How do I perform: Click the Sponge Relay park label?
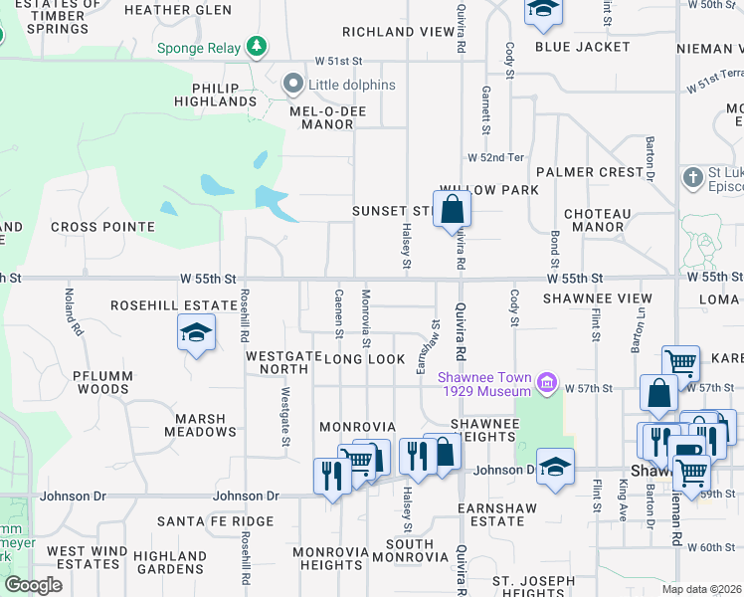(199, 47)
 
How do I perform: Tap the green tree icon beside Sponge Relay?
(258, 46)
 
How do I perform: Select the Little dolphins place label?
(351, 85)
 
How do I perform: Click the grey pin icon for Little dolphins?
(292, 85)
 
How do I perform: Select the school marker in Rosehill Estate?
(197, 333)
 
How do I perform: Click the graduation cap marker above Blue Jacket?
(543, 11)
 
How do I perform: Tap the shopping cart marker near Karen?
(680, 364)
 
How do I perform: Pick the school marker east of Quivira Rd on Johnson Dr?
(555, 468)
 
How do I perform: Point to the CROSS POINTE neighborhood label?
(103, 227)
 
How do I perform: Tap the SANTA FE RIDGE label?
(215, 521)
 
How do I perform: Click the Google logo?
(33, 585)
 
